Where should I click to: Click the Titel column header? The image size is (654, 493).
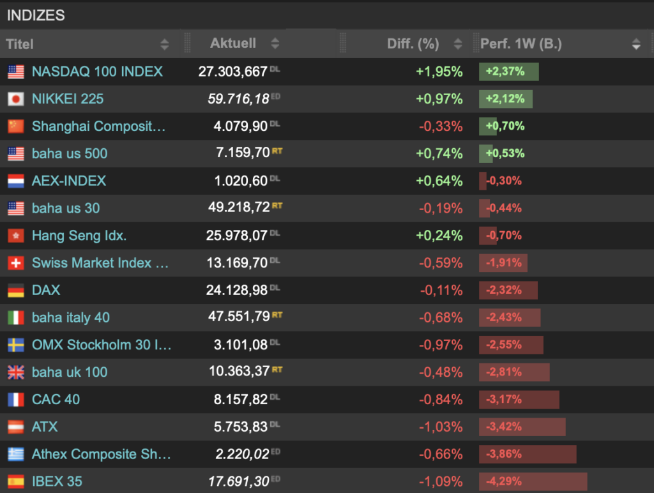coord(20,44)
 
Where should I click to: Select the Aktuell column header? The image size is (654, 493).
coord(233,43)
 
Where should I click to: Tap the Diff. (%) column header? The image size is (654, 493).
coord(413,44)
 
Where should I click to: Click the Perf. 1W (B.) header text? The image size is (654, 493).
coord(521,44)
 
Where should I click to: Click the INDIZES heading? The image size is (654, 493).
coord(36,15)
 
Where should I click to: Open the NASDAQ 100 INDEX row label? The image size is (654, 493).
coord(97,72)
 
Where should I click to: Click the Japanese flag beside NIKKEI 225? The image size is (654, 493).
coord(16,99)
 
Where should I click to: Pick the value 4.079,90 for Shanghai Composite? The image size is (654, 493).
coord(240,126)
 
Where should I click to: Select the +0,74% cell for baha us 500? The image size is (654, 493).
coord(439,153)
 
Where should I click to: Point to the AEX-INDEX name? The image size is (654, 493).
coord(69,181)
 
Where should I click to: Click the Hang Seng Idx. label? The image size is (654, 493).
coord(79,236)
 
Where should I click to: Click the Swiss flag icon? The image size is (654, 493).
coord(16,263)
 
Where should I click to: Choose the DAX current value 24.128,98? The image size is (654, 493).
coord(236,291)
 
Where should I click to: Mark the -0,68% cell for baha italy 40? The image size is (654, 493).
coord(441,317)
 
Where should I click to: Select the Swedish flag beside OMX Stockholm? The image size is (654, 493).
coord(16,345)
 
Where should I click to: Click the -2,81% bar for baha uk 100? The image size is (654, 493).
coord(513,372)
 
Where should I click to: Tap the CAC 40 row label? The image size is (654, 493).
coord(56,400)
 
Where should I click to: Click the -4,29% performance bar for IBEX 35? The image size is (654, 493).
coord(533,482)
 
